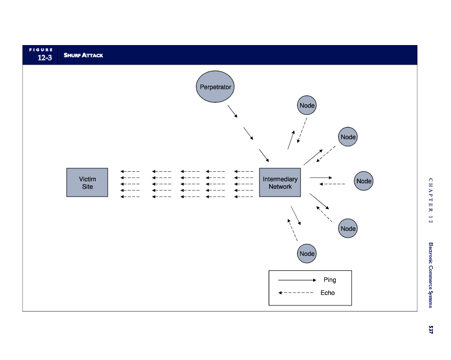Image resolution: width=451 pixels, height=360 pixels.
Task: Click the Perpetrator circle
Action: click(215, 87)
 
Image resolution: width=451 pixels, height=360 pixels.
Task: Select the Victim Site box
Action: click(87, 182)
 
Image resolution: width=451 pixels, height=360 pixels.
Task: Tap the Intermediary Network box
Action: click(280, 182)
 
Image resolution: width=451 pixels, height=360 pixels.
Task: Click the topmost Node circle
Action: click(307, 105)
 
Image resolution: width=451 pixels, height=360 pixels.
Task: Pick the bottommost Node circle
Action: click(307, 253)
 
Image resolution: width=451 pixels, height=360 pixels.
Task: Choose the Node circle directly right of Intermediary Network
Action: click(364, 181)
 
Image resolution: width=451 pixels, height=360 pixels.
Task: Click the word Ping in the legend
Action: click(330, 280)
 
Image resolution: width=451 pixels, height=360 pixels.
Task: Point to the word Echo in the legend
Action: click(327, 293)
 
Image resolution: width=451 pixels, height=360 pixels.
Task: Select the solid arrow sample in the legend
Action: click(297, 280)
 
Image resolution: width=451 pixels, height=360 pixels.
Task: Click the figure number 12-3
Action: click(45, 58)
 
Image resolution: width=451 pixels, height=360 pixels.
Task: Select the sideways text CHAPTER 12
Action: click(430, 200)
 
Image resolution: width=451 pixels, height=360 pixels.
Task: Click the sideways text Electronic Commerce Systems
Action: click(430, 275)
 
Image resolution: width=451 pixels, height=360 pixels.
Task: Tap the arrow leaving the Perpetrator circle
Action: click(233, 112)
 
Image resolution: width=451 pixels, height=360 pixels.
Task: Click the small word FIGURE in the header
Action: click(41, 50)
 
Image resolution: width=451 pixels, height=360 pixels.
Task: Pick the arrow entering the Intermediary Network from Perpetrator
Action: click(264, 156)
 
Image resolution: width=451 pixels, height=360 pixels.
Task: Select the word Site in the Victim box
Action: click(87, 187)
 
